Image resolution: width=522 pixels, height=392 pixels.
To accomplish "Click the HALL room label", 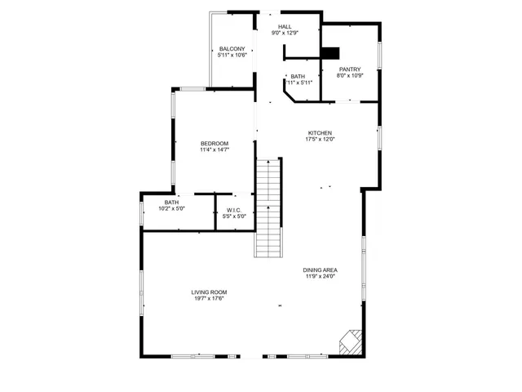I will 285,27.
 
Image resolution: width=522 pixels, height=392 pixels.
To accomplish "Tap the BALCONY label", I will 232,49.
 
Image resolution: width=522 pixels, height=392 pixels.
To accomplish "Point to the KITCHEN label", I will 320,133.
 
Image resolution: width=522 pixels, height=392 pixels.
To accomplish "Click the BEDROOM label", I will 215,144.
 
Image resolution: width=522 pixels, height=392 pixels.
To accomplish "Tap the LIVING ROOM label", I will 210,292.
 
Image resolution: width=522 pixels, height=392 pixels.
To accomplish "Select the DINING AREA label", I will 321,270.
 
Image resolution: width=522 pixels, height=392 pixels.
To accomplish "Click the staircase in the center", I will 268,207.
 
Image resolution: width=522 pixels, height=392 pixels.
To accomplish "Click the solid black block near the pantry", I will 330,53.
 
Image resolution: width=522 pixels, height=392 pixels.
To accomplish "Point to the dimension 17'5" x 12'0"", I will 320,140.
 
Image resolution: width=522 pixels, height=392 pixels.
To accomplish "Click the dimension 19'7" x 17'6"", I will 210,298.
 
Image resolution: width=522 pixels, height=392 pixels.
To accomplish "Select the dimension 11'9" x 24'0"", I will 321,277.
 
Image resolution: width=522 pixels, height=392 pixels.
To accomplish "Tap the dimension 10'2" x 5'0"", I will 171,208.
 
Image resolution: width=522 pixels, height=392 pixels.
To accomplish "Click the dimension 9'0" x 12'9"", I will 285,33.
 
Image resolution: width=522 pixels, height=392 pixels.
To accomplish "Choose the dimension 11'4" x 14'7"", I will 215,150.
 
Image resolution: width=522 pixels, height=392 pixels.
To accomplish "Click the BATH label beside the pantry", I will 298,77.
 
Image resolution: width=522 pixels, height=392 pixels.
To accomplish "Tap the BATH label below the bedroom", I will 171,202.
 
